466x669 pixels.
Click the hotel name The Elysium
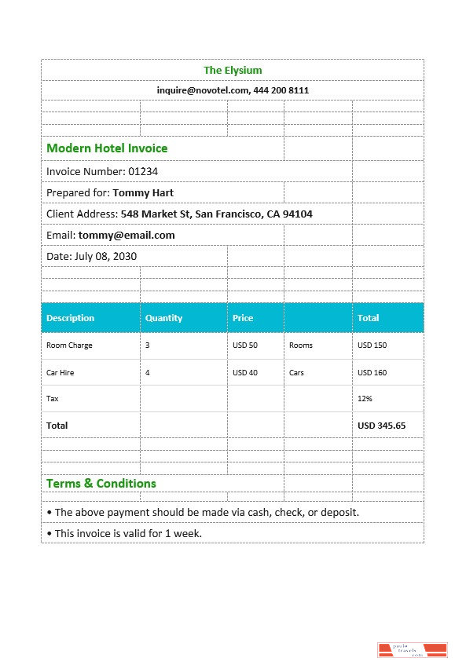click(x=233, y=71)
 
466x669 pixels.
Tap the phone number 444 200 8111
click(x=281, y=90)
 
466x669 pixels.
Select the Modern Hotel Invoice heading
click(x=107, y=148)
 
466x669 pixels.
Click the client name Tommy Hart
click(x=143, y=192)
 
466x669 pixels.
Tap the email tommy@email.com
click(x=127, y=235)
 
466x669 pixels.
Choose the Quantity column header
click(x=163, y=318)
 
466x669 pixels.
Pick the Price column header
click(x=243, y=318)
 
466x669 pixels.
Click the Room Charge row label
click(x=69, y=345)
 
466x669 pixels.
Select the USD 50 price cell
click(x=245, y=345)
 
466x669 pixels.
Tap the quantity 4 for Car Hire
click(x=147, y=373)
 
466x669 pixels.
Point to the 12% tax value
click(x=365, y=399)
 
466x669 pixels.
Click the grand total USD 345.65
click(x=381, y=426)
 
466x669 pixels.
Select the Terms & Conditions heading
click(x=101, y=484)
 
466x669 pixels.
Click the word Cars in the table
click(x=296, y=373)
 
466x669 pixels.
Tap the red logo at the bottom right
click(x=413, y=650)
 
